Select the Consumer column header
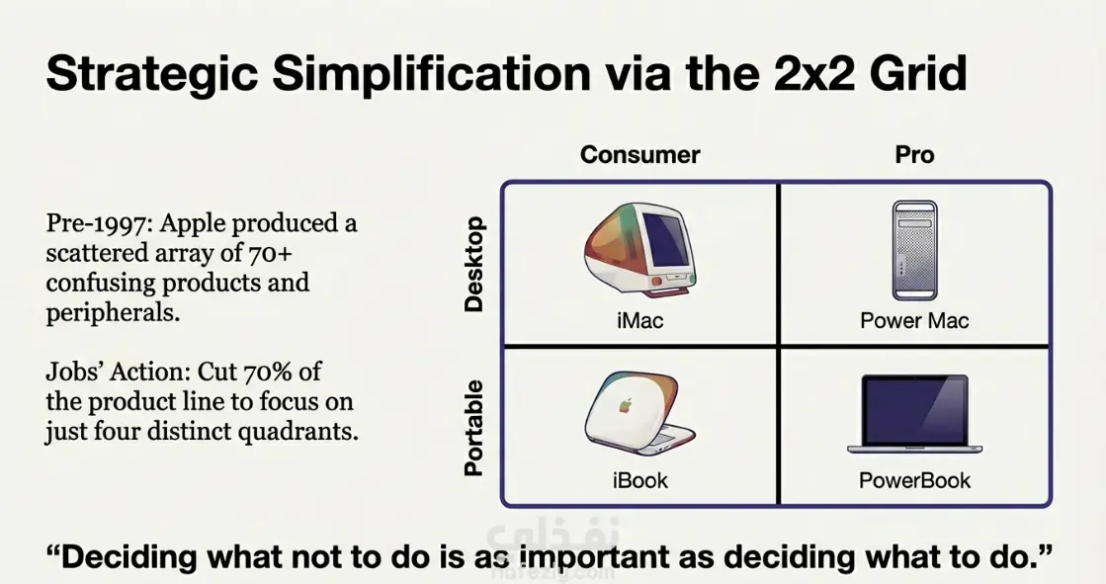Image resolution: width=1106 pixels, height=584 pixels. pyautogui.click(x=639, y=155)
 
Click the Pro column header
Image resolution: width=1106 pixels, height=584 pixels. pyautogui.click(x=914, y=155)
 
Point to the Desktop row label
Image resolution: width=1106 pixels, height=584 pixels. pyautogui.click(x=474, y=265)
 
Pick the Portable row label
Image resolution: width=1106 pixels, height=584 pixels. pyautogui.click(x=474, y=428)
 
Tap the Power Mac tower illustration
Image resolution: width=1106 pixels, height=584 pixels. pyautogui.click(x=915, y=250)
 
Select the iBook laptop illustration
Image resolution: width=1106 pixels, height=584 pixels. pyautogui.click(x=639, y=413)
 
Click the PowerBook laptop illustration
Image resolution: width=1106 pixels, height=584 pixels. pyautogui.click(x=915, y=414)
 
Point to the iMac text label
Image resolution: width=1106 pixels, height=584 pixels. pyautogui.click(x=639, y=321)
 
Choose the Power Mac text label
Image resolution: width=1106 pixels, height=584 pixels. pyautogui.click(x=914, y=321)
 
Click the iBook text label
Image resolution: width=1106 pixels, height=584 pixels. pyautogui.click(x=639, y=480)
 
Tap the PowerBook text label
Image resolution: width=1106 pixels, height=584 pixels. pyautogui.click(x=915, y=480)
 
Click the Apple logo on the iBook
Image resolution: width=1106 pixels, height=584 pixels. pyautogui.click(x=625, y=405)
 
